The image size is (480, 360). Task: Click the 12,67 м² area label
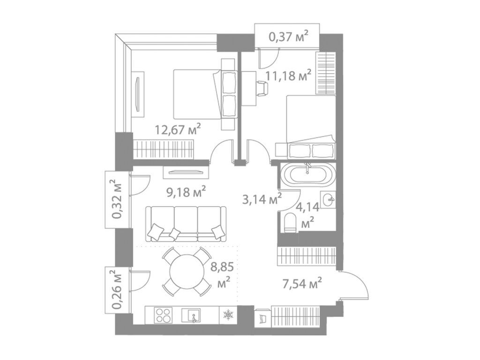178,129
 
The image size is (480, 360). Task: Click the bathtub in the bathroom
309,175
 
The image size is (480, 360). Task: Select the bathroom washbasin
328,199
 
